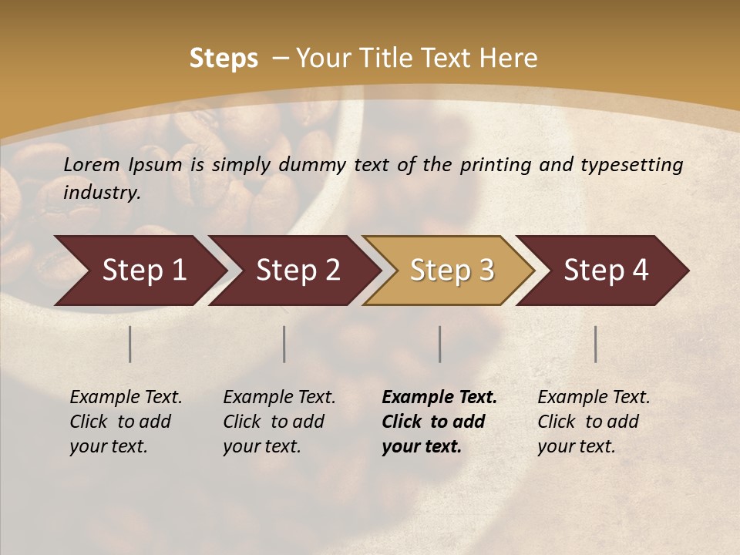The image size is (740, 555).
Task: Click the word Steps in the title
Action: (224, 59)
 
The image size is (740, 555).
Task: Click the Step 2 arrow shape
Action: (297, 271)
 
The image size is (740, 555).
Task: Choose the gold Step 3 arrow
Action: (451, 271)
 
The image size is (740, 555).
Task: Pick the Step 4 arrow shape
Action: (605, 271)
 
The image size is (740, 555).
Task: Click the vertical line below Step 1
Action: (130, 344)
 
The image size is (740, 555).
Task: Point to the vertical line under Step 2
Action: (284, 344)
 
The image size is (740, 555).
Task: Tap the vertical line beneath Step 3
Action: (440, 344)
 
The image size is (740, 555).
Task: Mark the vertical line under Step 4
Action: (596, 344)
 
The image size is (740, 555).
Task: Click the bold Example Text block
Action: (439, 422)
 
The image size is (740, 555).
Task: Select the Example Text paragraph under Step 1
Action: (126, 422)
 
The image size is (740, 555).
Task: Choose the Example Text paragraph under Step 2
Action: (279, 422)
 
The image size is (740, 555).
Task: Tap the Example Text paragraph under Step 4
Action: (594, 422)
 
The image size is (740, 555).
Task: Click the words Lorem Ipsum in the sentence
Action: (123, 165)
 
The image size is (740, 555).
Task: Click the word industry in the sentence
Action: (102, 193)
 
